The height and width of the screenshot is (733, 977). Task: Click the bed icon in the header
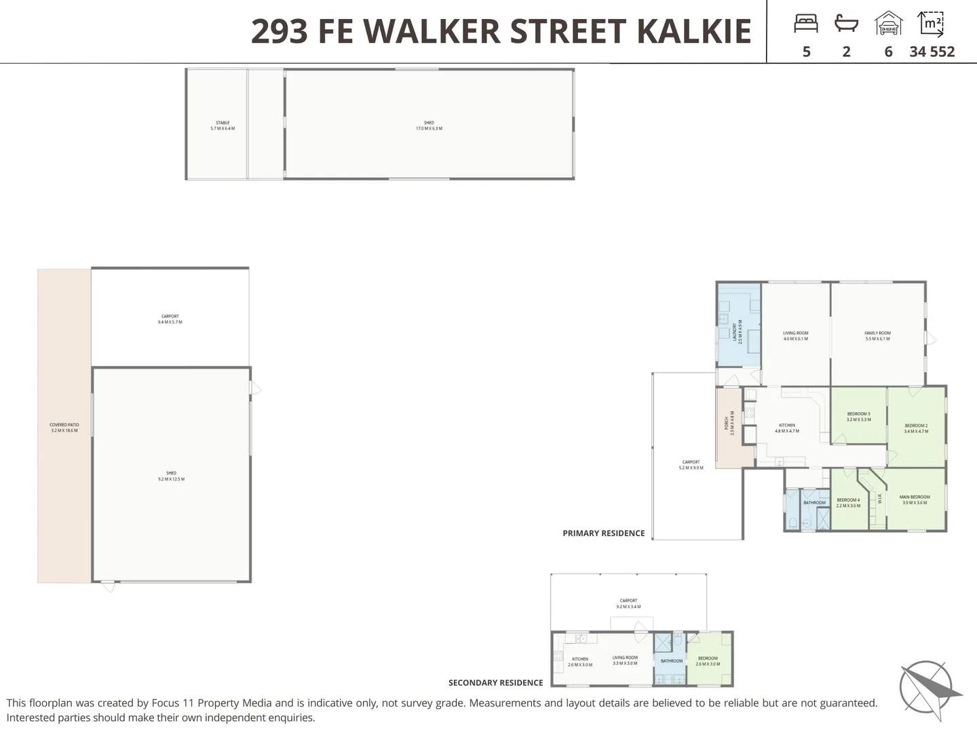(806, 24)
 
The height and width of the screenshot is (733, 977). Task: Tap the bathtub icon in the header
(846, 24)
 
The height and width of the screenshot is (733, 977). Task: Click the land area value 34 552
(932, 52)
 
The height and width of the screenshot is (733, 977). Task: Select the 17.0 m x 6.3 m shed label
(429, 126)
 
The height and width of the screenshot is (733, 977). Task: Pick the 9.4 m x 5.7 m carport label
(170, 319)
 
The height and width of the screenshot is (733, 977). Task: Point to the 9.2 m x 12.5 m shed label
(171, 476)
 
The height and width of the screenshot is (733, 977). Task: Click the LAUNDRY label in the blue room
(735, 333)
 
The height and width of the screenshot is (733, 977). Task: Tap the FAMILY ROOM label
(877, 335)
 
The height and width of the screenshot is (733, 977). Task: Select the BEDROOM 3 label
(858, 416)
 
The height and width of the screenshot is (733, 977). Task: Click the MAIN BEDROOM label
(915, 500)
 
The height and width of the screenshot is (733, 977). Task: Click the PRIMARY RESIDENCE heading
(603, 533)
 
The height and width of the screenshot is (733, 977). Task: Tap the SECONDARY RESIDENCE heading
(495, 683)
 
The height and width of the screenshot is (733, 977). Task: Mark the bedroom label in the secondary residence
(708, 660)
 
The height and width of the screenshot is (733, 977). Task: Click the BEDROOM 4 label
(848, 502)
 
